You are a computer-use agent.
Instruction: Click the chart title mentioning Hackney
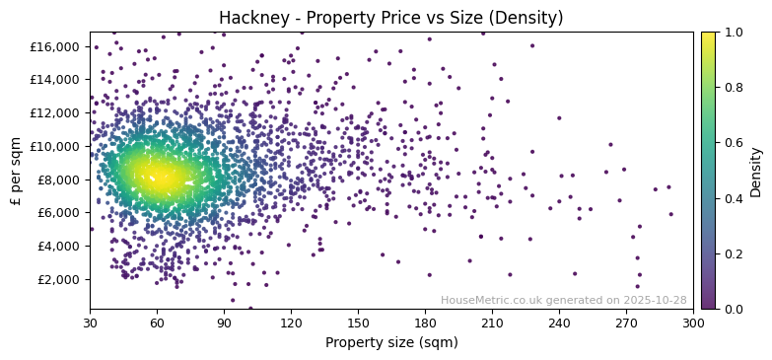coord(390,18)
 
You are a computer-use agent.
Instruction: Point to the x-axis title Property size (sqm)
coord(390,342)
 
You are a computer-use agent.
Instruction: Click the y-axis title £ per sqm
coord(16,171)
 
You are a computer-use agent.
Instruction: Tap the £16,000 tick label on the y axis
coord(57,46)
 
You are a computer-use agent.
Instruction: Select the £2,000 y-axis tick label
coord(61,279)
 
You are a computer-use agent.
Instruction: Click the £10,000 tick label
coord(57,146)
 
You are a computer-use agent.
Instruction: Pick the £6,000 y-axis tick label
coord(61,212)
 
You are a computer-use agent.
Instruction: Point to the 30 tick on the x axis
coord(90,322)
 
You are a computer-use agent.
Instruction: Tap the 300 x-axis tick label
coord(693,322)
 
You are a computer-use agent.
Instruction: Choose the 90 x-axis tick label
coord(224,322)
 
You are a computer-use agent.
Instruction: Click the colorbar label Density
coord(756,171)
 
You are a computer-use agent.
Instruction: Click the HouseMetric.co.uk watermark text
coord(563,300)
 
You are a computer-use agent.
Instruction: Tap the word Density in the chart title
coord(530,18)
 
